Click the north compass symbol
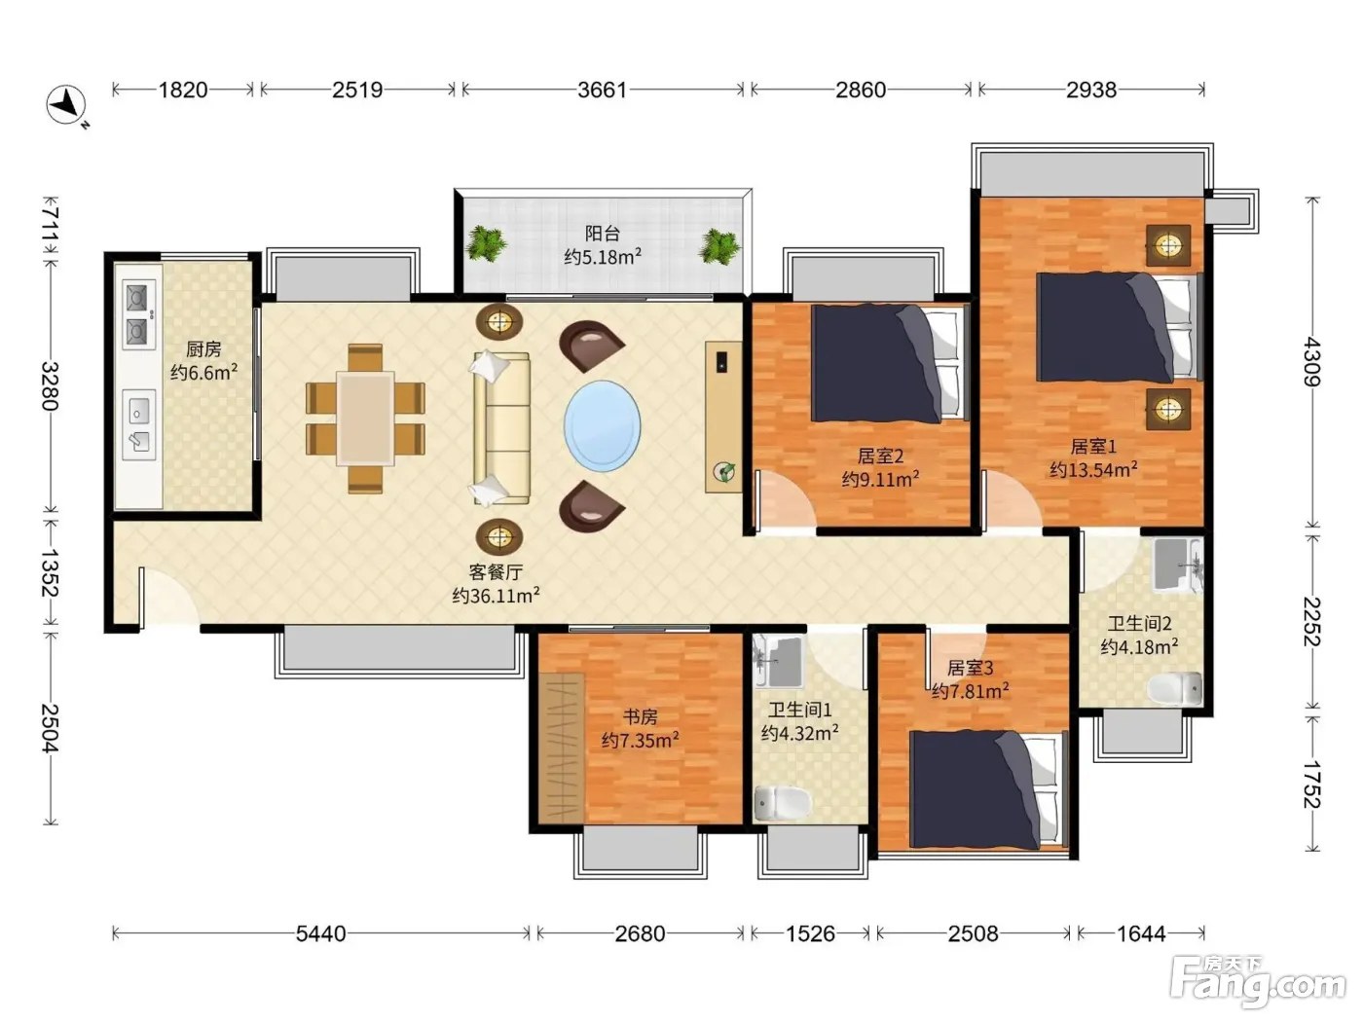66,104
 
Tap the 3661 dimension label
602,91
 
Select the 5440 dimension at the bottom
320,933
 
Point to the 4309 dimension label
1311,361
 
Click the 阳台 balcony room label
603,234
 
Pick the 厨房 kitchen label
203,349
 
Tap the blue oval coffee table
602,425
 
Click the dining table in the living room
365,419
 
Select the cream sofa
500,428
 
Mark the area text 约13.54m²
1093,469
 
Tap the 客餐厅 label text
496,571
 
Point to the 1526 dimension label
810,933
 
